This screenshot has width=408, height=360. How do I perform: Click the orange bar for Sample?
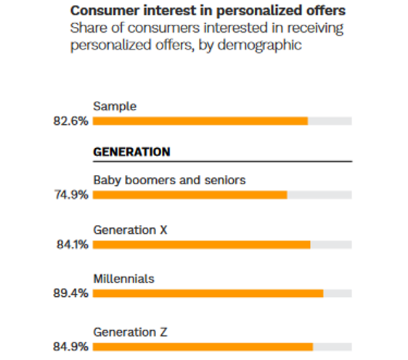point(200,120)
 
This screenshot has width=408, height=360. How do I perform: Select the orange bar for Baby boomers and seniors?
point(190,195)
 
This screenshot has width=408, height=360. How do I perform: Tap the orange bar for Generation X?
point(202,245)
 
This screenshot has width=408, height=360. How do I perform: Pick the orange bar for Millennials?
point(208,293)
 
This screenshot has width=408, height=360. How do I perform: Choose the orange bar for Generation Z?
point(203,347)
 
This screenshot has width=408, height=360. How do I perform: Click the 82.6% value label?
point(70,120)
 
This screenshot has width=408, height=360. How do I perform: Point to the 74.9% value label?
point(70,195)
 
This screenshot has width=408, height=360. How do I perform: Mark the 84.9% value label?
point(70,347)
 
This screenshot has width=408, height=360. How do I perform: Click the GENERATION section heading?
point(131,152)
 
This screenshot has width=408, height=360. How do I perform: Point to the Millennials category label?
point(123,279)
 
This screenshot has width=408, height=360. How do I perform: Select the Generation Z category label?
point(131,332)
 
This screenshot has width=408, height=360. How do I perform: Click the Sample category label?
point(115,107)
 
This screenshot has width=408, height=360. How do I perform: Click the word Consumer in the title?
point(101,12)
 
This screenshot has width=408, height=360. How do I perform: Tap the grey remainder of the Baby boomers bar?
point(319,195)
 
